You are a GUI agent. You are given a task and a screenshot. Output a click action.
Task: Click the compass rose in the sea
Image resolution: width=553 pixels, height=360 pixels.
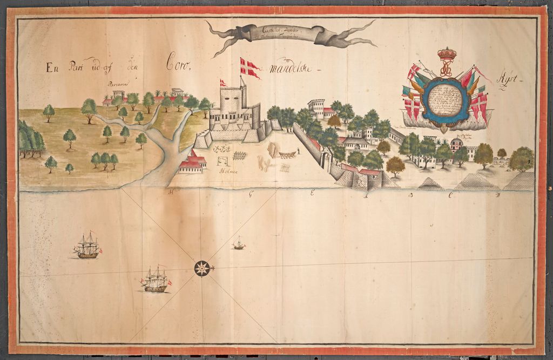pyautogui.click(x=202, y=268)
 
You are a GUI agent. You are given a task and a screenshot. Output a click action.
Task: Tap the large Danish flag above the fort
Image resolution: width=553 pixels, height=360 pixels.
pyautogui.click(x=249, y=67)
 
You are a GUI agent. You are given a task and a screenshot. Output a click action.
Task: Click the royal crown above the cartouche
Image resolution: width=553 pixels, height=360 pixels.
pyautogui.click(x=446, y=55)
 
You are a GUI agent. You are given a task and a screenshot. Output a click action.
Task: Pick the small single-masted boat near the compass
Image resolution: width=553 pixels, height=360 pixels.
pyautogui.click(x=238, y=244)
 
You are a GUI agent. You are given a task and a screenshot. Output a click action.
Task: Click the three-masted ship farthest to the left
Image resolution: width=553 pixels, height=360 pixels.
pyautogui.click(x=87, y=247)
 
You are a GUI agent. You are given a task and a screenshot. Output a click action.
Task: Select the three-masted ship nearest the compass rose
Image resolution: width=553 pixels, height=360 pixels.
pyautogui.click(x=156, y=281)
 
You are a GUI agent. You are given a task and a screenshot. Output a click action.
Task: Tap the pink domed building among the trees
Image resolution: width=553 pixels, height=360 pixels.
pyautogui.click(x=456, y=145)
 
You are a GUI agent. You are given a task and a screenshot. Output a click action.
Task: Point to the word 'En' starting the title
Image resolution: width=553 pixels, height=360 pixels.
pyautogui.click(x=52, y=67)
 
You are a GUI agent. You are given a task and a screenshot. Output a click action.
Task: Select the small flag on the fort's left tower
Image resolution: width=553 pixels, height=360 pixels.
pyautogui.click(x=223, y=83)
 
